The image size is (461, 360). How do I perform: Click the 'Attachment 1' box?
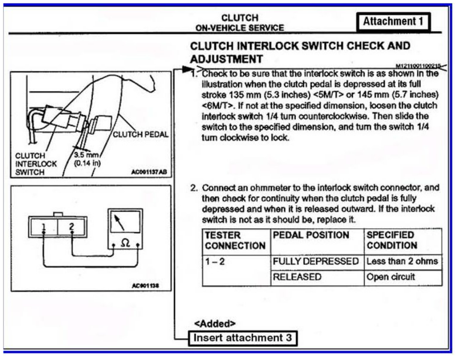pyautogui.click(x=393, y=21)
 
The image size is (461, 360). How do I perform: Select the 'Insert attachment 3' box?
pyautogui.click(x=243, y=337)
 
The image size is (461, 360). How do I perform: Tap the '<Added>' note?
pyautogui.click(x=215, y=323)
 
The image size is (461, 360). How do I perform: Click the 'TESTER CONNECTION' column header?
pyautogui.click(x=235, y=240)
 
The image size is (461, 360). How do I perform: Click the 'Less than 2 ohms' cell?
pyautogui.click(x=402, y=261)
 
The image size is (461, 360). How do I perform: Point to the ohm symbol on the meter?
pyautogui.click(x=126, y=245)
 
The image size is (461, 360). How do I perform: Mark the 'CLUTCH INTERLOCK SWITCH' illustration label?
pyautogui.click(x=31, y=163)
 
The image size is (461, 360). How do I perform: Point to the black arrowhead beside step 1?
pyautogui.click(x=186, y=69)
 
